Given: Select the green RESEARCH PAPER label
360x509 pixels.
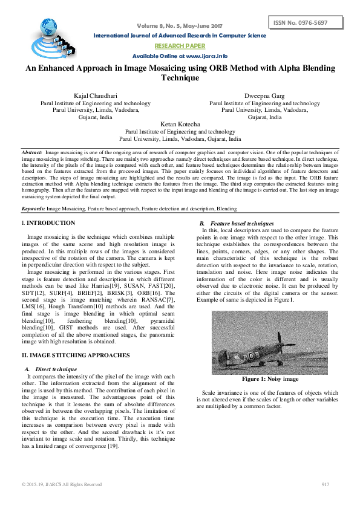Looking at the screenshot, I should click(x=180, y=46).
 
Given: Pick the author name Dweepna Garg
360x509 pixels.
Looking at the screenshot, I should click(x=264, y=96).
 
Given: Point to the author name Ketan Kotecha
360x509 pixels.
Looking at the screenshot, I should click(x=180, y=124).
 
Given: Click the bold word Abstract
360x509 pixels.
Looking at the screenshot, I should click(x=31, y=153).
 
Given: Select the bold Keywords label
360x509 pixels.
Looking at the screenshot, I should click(x=33, y=208).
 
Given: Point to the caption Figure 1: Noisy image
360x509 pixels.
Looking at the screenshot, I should click(x=270, y=379).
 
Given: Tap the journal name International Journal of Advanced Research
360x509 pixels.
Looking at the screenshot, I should click(x=180, y=36).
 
